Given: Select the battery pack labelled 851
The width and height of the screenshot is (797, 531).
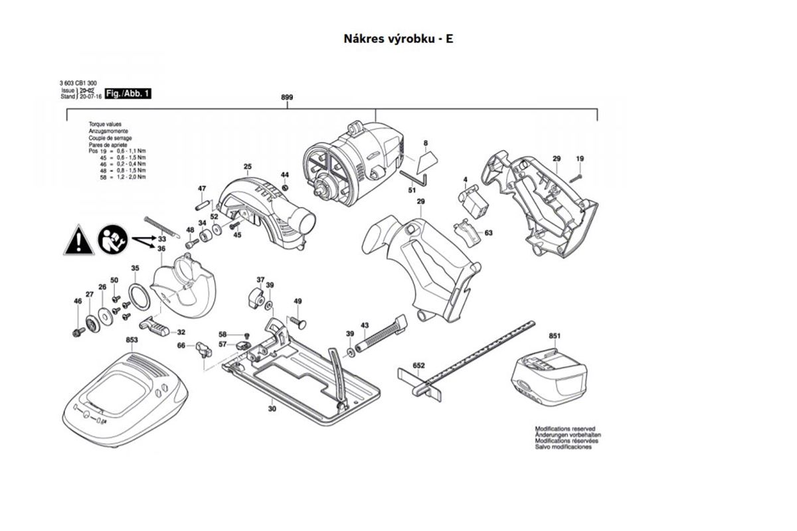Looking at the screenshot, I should [x=548, y=377].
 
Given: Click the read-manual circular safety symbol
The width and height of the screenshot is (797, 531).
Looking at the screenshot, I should [x=112, y=239].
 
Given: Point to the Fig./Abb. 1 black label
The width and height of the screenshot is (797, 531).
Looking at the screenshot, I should [x=124, y=94].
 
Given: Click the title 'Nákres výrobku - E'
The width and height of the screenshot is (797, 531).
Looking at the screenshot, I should [x=398, y=38].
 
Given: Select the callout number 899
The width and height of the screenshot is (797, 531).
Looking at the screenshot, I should [x=287, y=98].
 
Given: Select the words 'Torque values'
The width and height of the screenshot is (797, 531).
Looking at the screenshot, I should [x=105, y=124].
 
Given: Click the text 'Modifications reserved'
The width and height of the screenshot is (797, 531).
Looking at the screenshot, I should [x=565, y=429].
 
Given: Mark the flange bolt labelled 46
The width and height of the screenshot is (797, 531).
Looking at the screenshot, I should [x=79, y=330].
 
